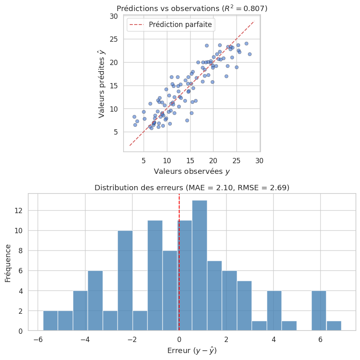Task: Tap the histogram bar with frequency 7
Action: (x=214, y=295)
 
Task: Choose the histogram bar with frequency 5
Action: (x=244, y=305)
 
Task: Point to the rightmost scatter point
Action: (x=250, y=54)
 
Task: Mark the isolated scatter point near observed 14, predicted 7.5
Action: (x=187, y=120)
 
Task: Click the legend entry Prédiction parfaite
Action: (x=180, y=25)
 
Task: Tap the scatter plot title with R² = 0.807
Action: (x=192, y=9)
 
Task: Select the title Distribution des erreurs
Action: (x=192, y=188)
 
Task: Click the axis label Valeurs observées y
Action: (x=192, y=171)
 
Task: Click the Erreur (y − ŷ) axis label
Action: (x=192, y=351)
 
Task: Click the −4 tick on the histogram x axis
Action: (x=85, y=340)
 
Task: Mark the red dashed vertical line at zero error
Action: (x=179, y=245)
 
